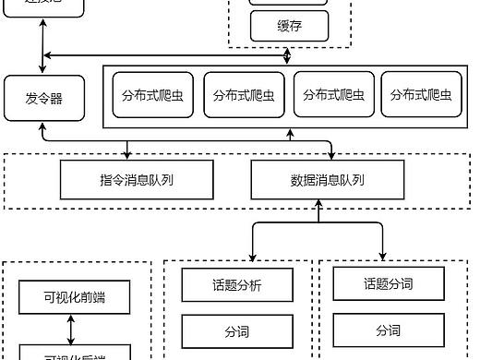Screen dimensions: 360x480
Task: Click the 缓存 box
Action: click(289, 27)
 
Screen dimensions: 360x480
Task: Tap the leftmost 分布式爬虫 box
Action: click(153, 95)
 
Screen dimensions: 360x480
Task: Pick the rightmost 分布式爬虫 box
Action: click(420, 95)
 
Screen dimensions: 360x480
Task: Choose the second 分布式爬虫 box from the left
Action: click(243, 95)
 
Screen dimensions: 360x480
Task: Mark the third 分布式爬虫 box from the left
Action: click(332, 95)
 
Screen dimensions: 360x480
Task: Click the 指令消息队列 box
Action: click(137, 180)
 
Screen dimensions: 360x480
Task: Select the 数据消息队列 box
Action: click(328, 180)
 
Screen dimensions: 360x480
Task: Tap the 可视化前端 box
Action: click(74, 297)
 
